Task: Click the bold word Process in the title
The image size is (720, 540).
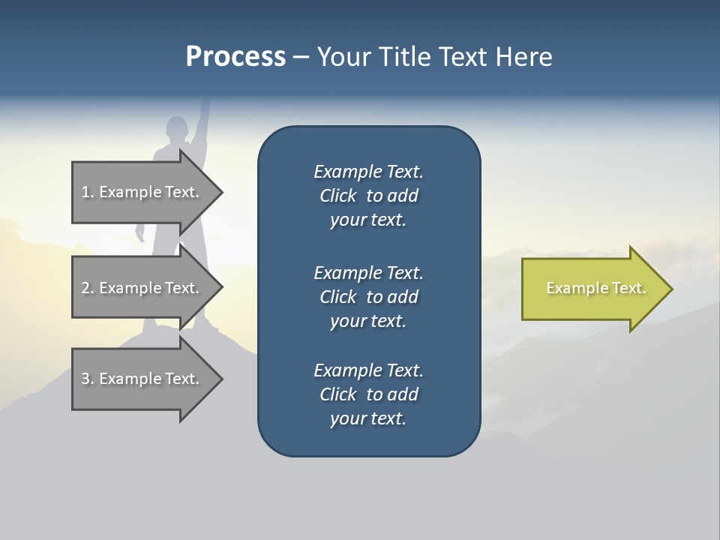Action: (x=235, y=57)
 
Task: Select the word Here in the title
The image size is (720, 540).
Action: (x=523, y=57)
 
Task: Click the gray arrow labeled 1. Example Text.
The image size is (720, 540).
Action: (x=142, y=192)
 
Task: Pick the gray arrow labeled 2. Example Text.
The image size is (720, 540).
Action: (x=142, y=288)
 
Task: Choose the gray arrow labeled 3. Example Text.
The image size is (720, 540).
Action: (x=142, y=379)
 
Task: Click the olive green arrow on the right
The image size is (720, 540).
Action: (x=592, y=288)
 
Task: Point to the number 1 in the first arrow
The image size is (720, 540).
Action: (x=85, y=192)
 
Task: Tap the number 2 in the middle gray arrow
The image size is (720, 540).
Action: (x=85, y=288)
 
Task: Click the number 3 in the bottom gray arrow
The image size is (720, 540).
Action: (x=85, y=379)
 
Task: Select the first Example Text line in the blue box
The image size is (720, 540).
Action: (x=368, y=172)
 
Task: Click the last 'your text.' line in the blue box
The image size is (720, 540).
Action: (x=368, y=418)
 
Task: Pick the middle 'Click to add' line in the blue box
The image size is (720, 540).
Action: (x=368, y=297)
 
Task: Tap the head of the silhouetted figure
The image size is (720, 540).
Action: (x=177, y=129)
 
